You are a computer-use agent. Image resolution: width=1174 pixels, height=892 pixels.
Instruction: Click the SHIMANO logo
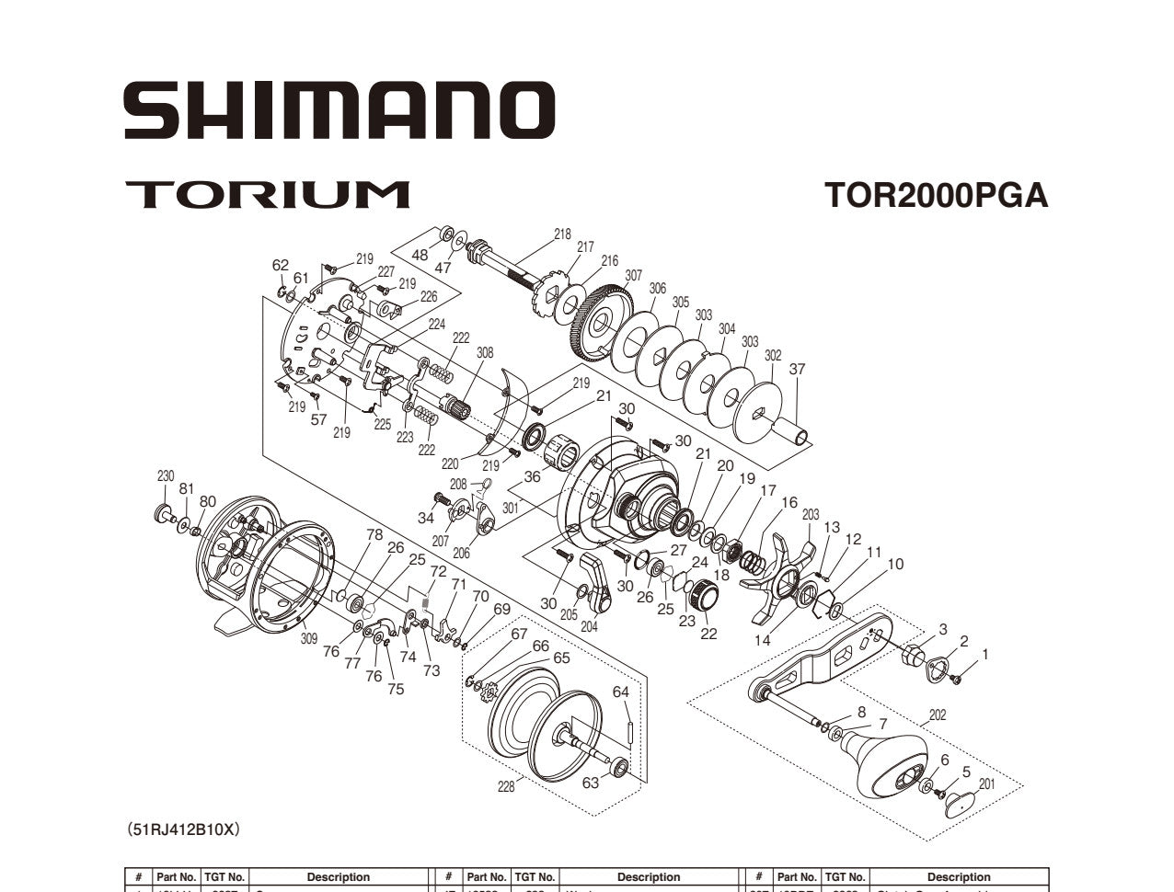pos(340,110)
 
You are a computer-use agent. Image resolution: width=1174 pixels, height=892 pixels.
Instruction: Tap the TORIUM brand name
pos(267,195)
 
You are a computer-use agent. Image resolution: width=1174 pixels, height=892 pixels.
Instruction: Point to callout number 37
pos(797,370)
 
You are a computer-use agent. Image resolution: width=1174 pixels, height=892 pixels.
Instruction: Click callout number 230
pos(166,476)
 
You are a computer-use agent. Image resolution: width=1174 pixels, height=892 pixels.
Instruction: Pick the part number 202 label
pos(937,715)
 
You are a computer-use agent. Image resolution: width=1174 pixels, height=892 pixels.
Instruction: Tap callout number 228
pos(506,786)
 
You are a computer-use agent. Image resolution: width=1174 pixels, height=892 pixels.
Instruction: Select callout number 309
pos(309,637)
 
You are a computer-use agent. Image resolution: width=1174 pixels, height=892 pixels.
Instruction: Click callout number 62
pos(281,266)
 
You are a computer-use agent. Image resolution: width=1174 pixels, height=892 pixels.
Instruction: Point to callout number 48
pos(420,255)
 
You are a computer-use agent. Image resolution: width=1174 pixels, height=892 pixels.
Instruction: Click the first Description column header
pos(338,877)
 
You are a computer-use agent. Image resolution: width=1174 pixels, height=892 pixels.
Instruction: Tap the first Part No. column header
pos(176,877)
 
